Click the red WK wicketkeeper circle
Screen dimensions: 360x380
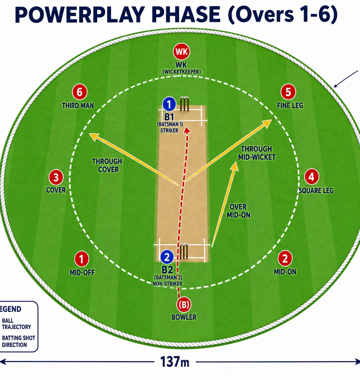pyautogui.click(x=181, y=51)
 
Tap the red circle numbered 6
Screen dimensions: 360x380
pyautogui.click(x=80, y=92)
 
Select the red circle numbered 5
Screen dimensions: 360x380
pyautogui.click(x=288, y=92)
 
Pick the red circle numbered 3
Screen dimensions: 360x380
pyautogui.click(x=56, y=177)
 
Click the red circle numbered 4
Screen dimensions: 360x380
pyautogui.click(x=311, y=177)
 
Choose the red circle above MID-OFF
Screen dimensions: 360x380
pyautogui.click(x=81, y=259)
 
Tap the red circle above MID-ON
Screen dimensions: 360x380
pyautogui.click(x=285, y=258)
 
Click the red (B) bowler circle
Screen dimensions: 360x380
pyautogui.click(x=184, y=305)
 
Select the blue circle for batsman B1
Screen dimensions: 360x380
pyautogui.click(x=169, y=104)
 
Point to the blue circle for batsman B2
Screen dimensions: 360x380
pyautogui.click(x=167, y=257)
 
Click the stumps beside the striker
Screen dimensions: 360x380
pyautogui.click(x=184, y=104)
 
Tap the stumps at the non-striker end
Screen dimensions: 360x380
pyautogui.click(x=184, y=251)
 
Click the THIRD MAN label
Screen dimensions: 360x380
pyautogui.click(x=78, y=106)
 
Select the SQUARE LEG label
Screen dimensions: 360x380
pyautogui.click(x=316, y=190)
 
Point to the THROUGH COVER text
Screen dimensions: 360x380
pyautogui.click(x=107, y=165)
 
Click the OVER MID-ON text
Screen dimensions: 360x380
pyautogui.click(x=239, y=211)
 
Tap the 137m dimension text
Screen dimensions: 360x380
pyautogui.click(x=175, y=362)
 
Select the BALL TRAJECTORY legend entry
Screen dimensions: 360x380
pyautogui.click(x=17, y=324)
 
